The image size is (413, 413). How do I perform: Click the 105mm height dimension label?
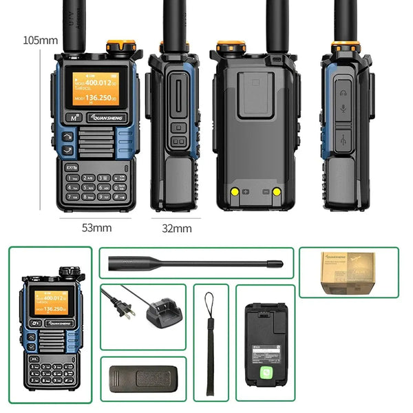(41, 41)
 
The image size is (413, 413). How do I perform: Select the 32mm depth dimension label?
(177, 228)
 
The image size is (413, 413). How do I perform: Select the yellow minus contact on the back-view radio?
(276, 192)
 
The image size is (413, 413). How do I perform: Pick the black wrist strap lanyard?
(210, 344)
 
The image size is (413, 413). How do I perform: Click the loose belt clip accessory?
(143, 379)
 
